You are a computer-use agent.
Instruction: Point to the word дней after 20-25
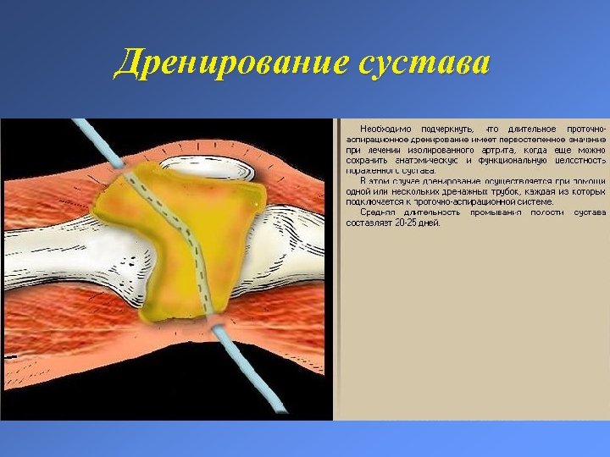click(x=431, y=223)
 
